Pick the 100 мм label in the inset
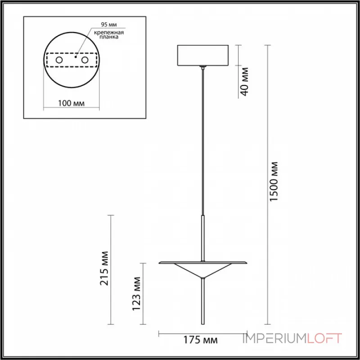72,103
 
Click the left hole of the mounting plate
59,60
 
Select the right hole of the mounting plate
84,60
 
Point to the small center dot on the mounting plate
76,57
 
